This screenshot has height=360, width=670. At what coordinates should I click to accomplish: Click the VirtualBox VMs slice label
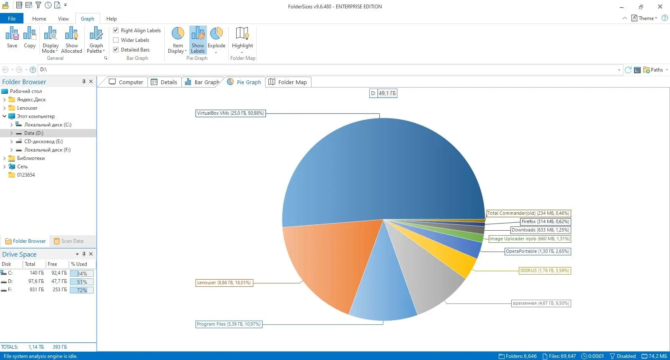tap(230, 113)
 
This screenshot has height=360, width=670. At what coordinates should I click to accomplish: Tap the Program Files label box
tap(229, 324)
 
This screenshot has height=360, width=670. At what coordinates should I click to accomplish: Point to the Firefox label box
tap(545, 221)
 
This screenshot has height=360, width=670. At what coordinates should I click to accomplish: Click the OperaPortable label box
tap(537, 251)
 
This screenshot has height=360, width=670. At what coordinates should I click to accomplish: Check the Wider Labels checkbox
tap(116, 40)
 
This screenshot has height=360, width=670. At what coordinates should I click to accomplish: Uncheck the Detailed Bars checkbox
tap(116, 49)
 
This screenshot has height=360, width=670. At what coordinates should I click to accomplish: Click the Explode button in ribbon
tap(216, 39)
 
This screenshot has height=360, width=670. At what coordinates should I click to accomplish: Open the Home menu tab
tap(39, 18)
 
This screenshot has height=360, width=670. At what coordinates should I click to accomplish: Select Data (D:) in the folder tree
tap(33, 133)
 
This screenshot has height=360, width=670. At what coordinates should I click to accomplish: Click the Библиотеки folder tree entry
tap(31, 158)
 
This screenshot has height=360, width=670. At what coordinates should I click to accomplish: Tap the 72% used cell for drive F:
tap(82, 290)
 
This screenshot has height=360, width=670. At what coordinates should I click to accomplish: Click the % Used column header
tap(79, 264)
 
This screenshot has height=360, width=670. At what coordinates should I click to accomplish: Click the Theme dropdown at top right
tap(645, 18)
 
